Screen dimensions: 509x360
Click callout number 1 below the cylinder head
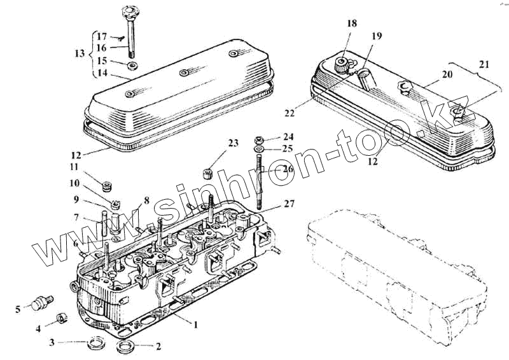pos(196,325)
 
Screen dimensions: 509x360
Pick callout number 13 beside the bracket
pos(79,54)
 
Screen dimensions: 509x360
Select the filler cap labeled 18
pos(342,63)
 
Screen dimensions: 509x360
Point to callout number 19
pos(377,36)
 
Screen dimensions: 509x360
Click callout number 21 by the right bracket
pos(485,64)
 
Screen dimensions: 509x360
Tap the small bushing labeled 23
pos(206,173)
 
